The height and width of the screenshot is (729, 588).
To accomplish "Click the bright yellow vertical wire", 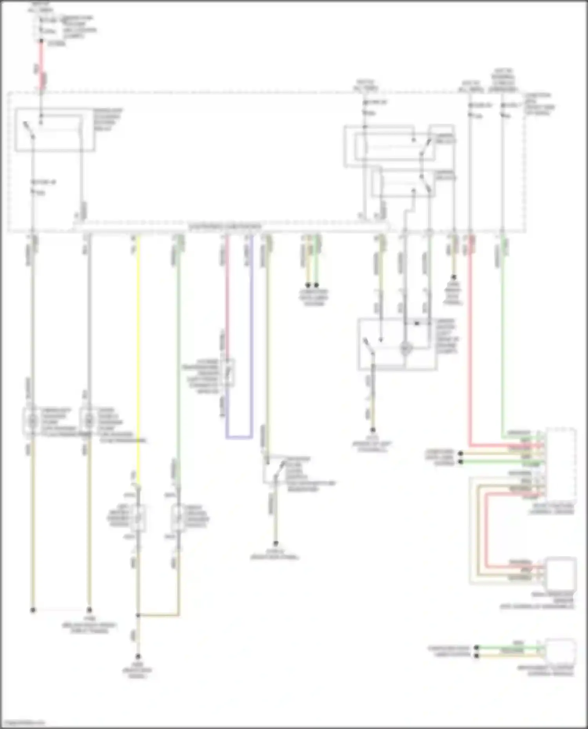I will [138, 353].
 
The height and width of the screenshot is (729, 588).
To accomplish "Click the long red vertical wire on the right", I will [470, 345].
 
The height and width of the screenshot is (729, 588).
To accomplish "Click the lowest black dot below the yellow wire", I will [138, 657].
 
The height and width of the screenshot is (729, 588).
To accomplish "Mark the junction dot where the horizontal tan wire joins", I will [138, 615].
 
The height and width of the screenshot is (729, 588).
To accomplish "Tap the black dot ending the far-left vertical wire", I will [33, 610].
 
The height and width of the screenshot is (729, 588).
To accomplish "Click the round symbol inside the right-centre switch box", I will [406, 348].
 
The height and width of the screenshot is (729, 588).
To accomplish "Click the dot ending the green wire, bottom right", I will [477, 648].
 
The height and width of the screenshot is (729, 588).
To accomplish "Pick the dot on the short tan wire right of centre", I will [454, 277].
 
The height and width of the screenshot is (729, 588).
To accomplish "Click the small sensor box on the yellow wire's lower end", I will [138, 518].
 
